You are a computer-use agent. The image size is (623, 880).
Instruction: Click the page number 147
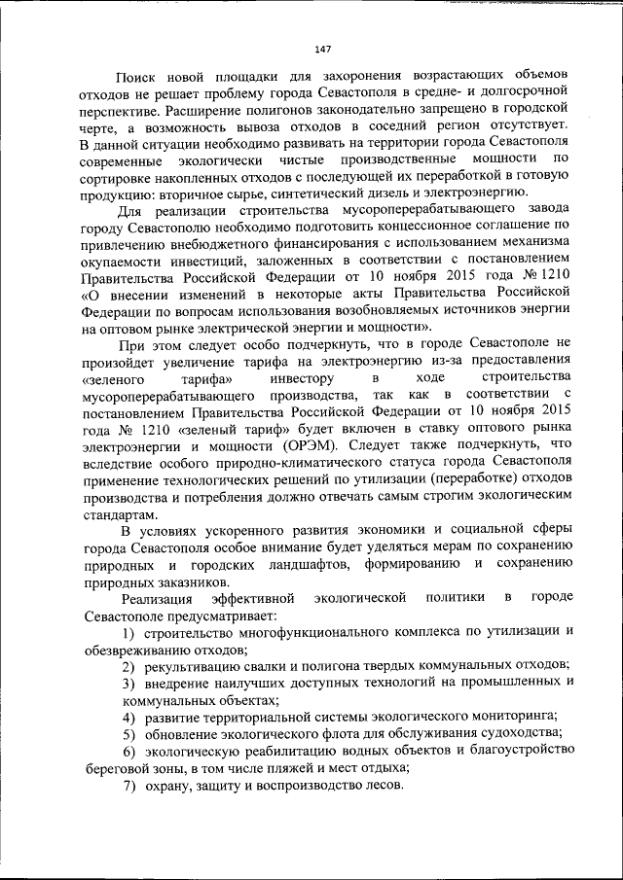(x=323, y=50)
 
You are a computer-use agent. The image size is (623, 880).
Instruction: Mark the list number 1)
(x=128, y=633)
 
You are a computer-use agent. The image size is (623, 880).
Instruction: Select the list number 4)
(x=128, y=717)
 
